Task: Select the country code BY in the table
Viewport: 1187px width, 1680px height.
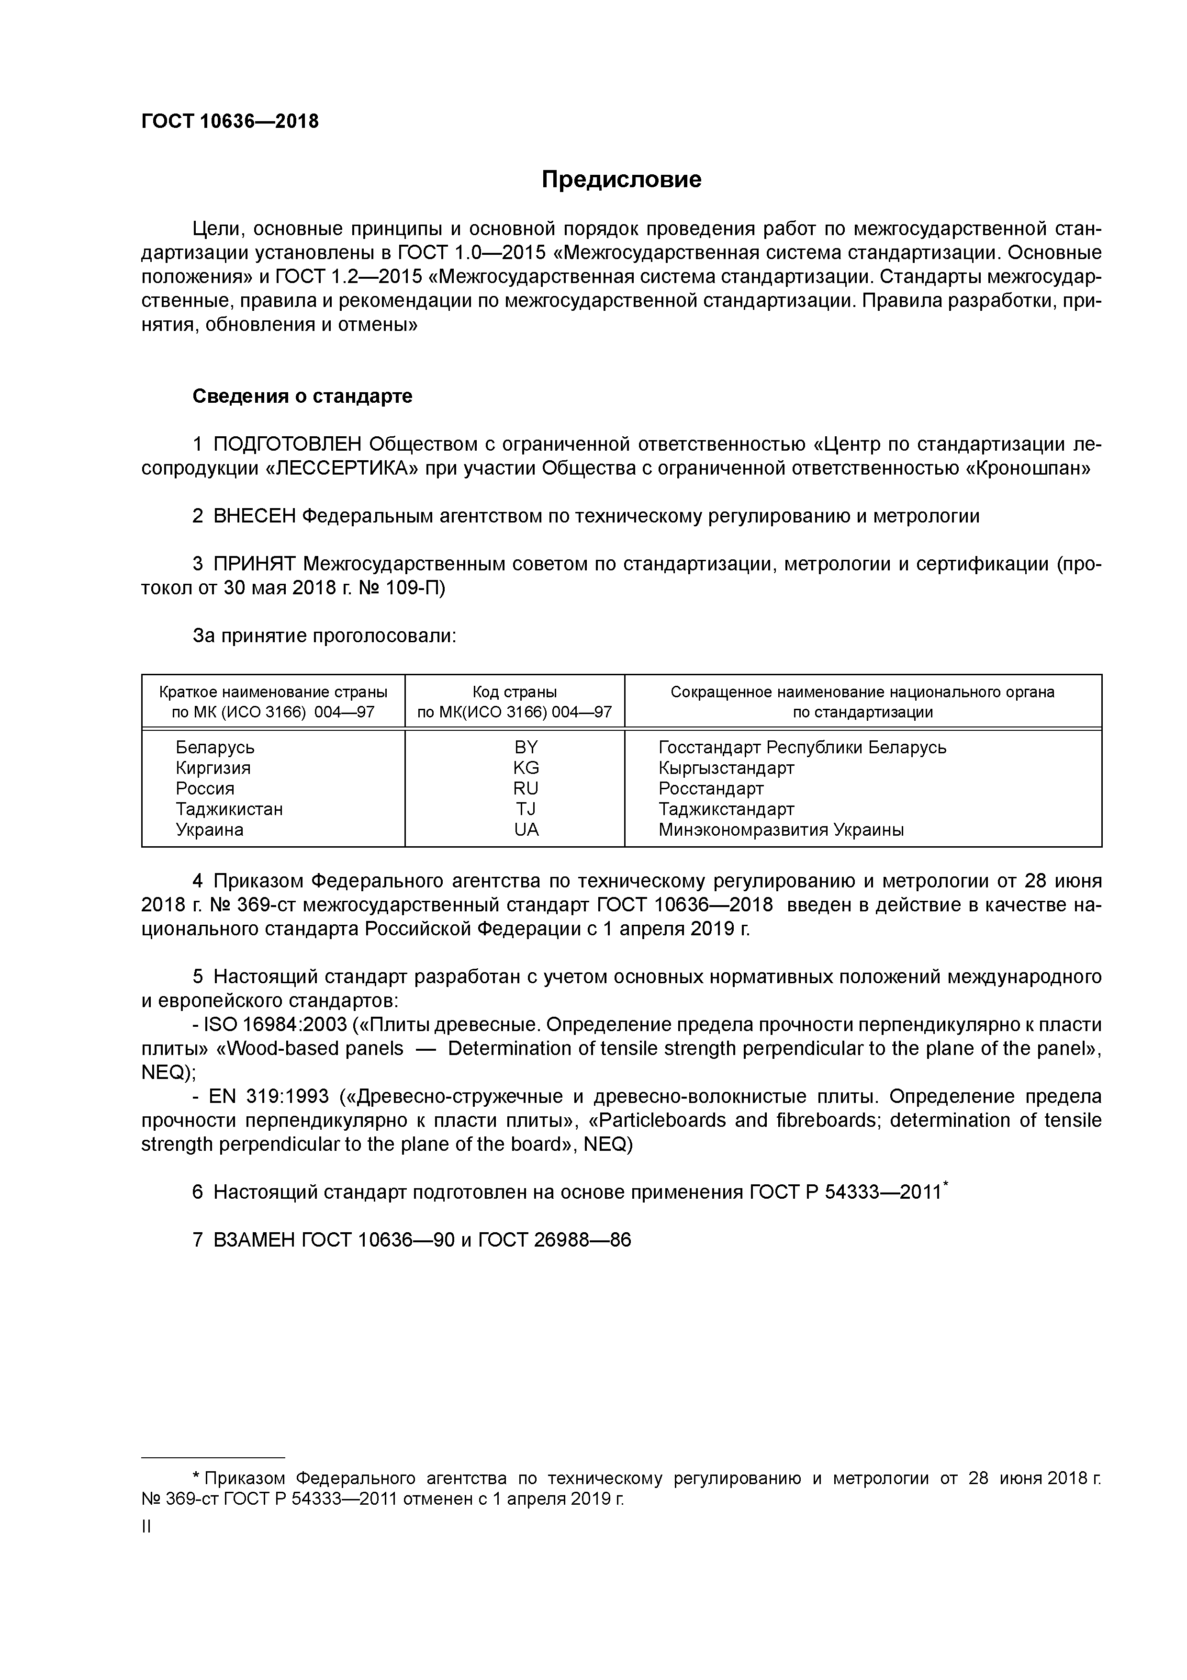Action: [x=526, y=747]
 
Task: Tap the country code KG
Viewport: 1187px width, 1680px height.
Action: [x=526, y=768]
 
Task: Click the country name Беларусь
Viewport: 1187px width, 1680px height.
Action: [x=215, y=747]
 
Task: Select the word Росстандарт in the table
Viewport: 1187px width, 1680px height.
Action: [x=711, y=788]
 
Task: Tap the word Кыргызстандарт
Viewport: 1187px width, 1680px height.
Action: [x=726, y=768]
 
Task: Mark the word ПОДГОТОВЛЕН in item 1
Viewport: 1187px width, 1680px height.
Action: [x=288, y=444]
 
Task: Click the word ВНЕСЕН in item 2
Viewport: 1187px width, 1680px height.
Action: [x=255, y=516]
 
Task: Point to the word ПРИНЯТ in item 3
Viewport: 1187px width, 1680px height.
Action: [x=255, y=564]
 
